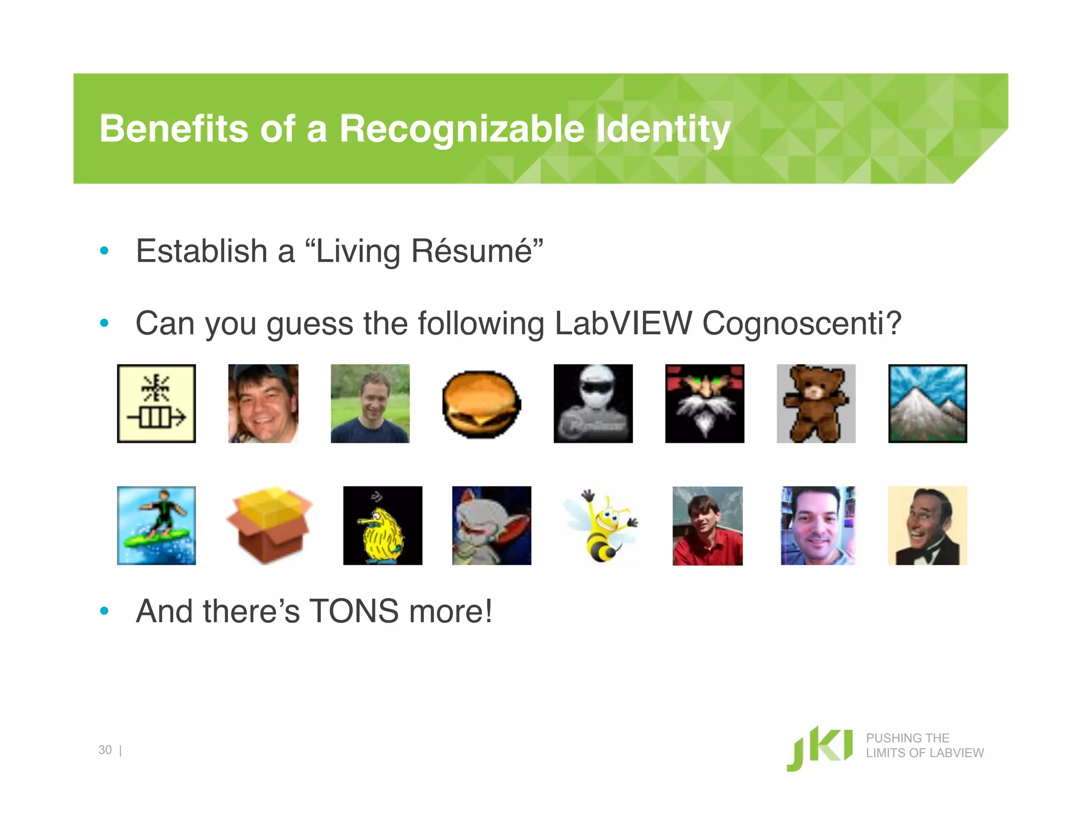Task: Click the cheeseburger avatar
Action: [x=481, y=404]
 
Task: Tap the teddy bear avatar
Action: [x=816, y=404]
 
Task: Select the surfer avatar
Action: [x=156, y=526]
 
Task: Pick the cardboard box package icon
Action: [x=269, y=525]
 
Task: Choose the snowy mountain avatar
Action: [x=927, y=404]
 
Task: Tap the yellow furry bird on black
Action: [x=383, y=526]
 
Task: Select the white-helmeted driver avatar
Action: [x=593, y=404]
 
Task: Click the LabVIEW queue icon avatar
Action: [x=156, y=404]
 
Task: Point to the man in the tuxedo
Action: [x=927, y=526]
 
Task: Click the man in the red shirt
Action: [x=707, y=526]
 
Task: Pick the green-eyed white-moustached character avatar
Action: [x=704, y=404]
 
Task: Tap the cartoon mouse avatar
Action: [x=491, y=526]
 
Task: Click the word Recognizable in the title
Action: [x=461, y=129]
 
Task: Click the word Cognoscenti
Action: [x=801, y=323]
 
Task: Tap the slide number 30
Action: [x=105, y=750]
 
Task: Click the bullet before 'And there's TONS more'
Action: [x=105, y=611]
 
